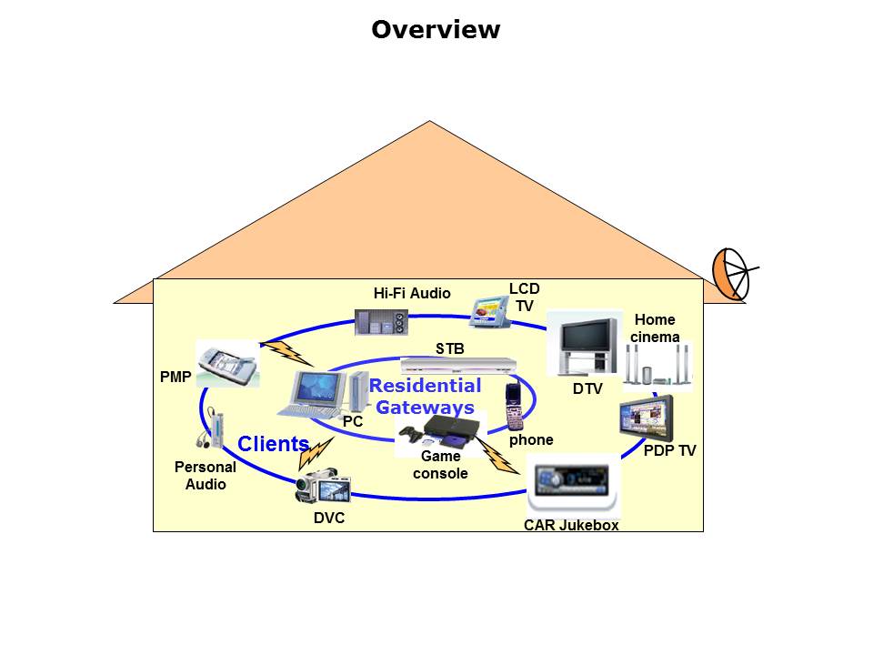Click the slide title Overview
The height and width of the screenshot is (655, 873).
pos(436,29)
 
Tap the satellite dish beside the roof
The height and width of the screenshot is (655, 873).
pos(733,273)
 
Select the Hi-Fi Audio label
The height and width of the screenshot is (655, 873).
pos(412,293)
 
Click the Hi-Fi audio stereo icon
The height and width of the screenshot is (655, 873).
pos(381,323)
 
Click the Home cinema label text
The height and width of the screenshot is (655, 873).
pos(657,328)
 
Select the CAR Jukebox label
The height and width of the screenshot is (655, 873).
pos(571,525)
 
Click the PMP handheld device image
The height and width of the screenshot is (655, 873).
pos(226,363)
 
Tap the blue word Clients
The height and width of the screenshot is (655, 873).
pos(274,444)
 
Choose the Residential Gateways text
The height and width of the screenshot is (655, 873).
pos(426,397)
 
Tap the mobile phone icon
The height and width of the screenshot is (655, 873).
pos(515,408)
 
